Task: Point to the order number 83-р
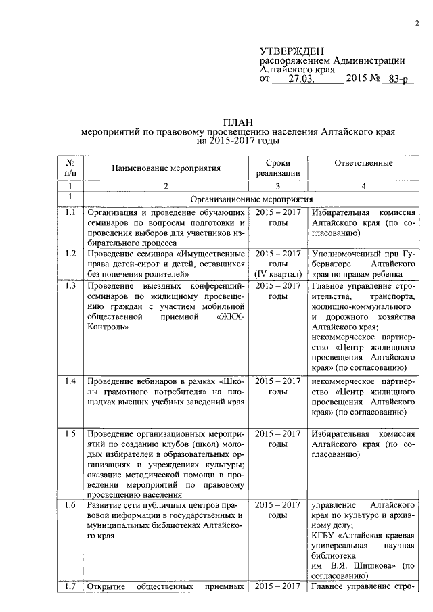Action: tap(397, 79)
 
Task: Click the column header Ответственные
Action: tap(363, 163)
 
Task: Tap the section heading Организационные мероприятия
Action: tap(252, 200)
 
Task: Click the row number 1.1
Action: tap(69, 213)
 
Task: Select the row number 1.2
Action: tap(69, 254)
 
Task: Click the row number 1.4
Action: tap(69, 381)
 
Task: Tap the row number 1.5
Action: tap(69, 433)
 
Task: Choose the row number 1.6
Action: tap(69, 505)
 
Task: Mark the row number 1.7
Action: tap(69, 586)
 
